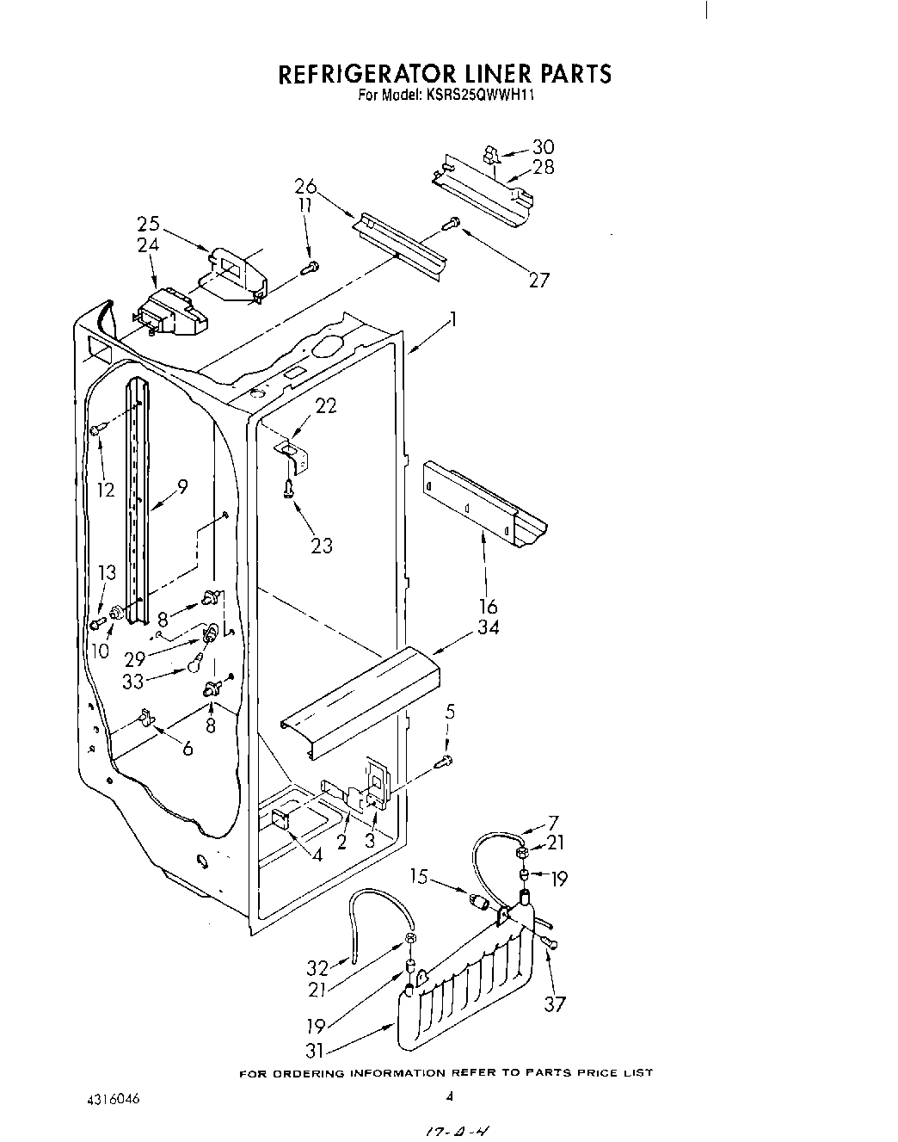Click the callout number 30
pyautogui.click(x=543, y=147)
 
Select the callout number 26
pyautogui.click(x=305, y=187)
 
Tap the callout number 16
pyautogui.click(x=488, y=607)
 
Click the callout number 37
pyautogui.click(x=555, y=1003)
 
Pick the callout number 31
pyautogui.click(x=317, y=1050)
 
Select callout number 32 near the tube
pyautogui.click(x=317, y=968)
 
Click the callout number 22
pyautogui.click(x=325, y=406)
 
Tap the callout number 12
pyautogui.click(x=105, y=490)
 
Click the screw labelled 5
pyautogui.click(x=445, y=760)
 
